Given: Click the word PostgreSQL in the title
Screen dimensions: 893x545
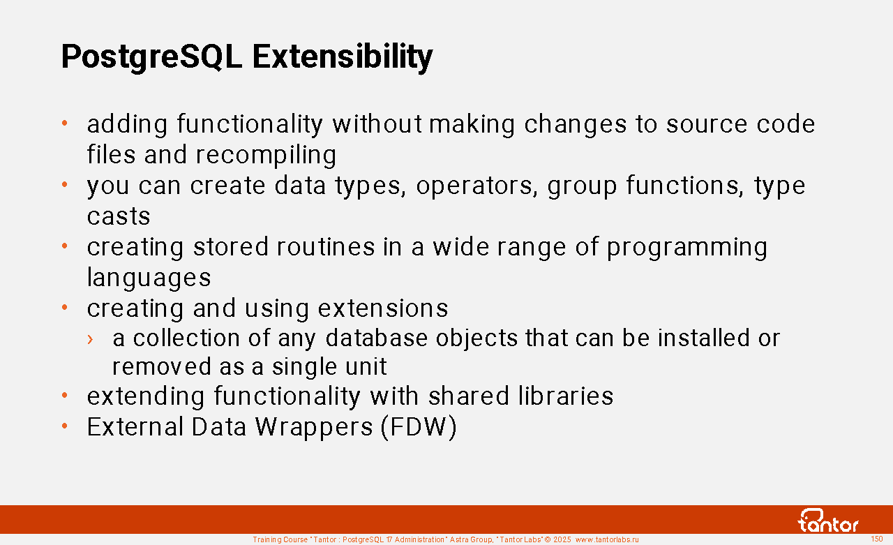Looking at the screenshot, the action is (151, 58).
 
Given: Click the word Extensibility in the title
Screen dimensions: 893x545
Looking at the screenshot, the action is (343, 58).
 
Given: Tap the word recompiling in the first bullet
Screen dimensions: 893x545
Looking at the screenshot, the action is (266, 156).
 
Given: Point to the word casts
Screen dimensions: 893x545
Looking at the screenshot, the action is (119, 217).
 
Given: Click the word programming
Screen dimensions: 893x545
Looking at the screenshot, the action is (687, 248).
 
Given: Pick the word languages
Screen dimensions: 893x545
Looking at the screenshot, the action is (149, 278).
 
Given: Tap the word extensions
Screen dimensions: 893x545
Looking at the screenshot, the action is (383, 308).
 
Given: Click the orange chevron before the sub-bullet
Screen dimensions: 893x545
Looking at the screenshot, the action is (90, 339).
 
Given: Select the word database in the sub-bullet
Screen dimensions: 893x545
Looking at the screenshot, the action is (377, 338).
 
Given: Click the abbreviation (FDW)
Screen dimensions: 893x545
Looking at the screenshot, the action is (419, 427).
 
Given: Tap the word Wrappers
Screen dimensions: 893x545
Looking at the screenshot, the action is (314, 427).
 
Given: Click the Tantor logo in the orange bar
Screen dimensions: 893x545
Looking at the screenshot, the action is (827, 521).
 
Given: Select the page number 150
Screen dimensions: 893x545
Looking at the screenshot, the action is (877, 539).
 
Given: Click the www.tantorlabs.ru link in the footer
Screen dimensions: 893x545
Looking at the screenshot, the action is (607, 540).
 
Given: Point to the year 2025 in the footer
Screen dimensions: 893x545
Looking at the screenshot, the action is (562, 540).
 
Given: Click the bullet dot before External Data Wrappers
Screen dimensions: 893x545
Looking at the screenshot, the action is (65, 426).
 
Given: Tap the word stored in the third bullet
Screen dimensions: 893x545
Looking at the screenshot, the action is (231, 247).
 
